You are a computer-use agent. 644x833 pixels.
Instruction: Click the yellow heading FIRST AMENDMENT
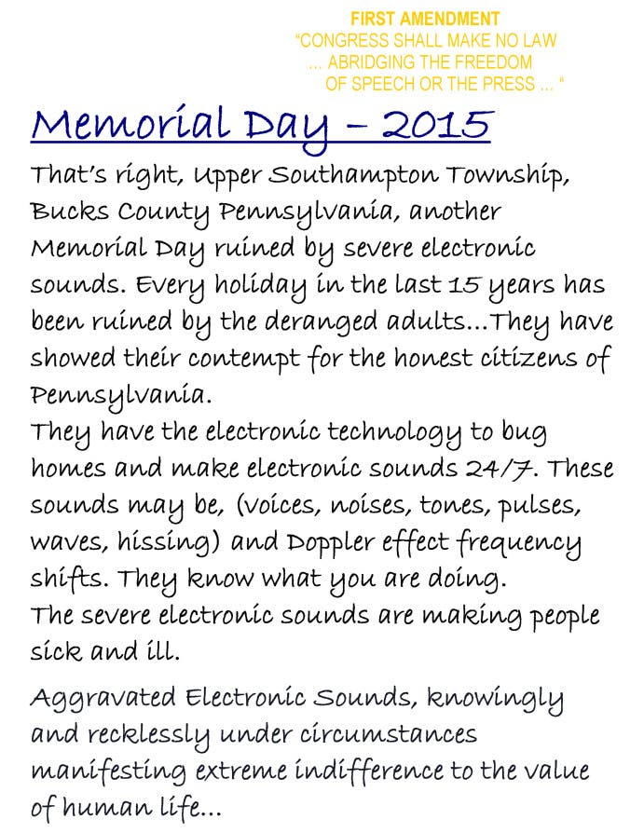425,19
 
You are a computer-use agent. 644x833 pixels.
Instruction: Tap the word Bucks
66,212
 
